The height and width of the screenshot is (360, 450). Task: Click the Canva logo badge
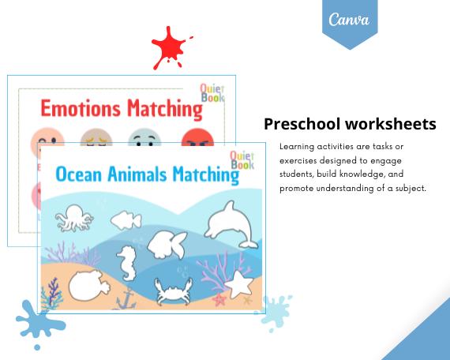tap(350, 21)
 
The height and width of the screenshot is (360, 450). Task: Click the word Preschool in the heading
tap(303, 124)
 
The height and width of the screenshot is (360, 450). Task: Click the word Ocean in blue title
tap(79, 174)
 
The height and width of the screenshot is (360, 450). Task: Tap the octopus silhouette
tap(77, 219)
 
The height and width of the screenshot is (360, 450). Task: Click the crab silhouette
tap(171, 291)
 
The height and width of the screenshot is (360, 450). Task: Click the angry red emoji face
tap(197, 142)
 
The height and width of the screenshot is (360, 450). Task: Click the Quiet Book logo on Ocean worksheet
tap(242, 162)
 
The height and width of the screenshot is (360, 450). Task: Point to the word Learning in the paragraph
tap(296, 147)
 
